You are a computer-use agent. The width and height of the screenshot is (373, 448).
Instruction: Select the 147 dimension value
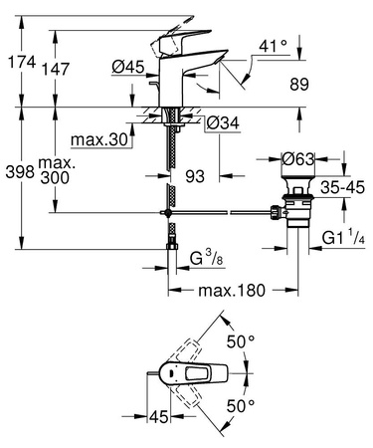point(58,70)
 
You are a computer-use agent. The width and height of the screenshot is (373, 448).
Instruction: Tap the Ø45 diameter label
point(126,68)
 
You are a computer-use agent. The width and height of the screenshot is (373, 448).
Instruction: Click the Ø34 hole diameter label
point(223,123)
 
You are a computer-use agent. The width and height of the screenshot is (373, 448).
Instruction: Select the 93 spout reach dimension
point(195,176)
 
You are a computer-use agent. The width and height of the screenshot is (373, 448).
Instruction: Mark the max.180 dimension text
point(232,291)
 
